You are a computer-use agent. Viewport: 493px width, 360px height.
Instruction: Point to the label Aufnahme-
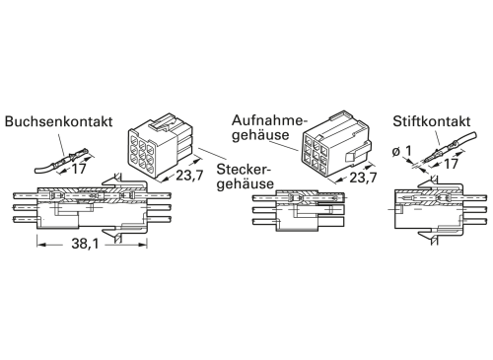[265, 119]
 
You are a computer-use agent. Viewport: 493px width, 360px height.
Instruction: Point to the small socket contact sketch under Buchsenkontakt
[64, 157]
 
